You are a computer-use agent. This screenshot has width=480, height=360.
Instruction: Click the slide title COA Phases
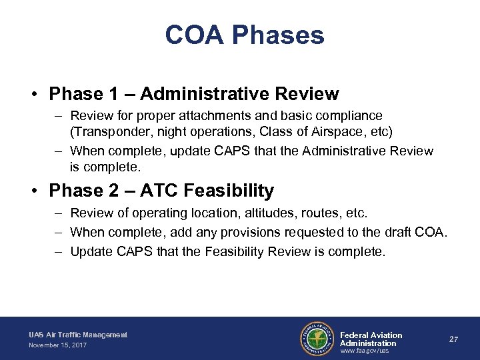[245, 35]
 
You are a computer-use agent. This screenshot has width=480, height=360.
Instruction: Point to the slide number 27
[453, 339]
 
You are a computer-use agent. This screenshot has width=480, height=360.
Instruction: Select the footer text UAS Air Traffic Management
[77, 334]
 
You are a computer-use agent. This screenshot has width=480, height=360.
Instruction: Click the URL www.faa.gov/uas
[365, 351]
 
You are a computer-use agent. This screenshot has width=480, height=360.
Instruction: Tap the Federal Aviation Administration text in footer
[371, 339]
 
